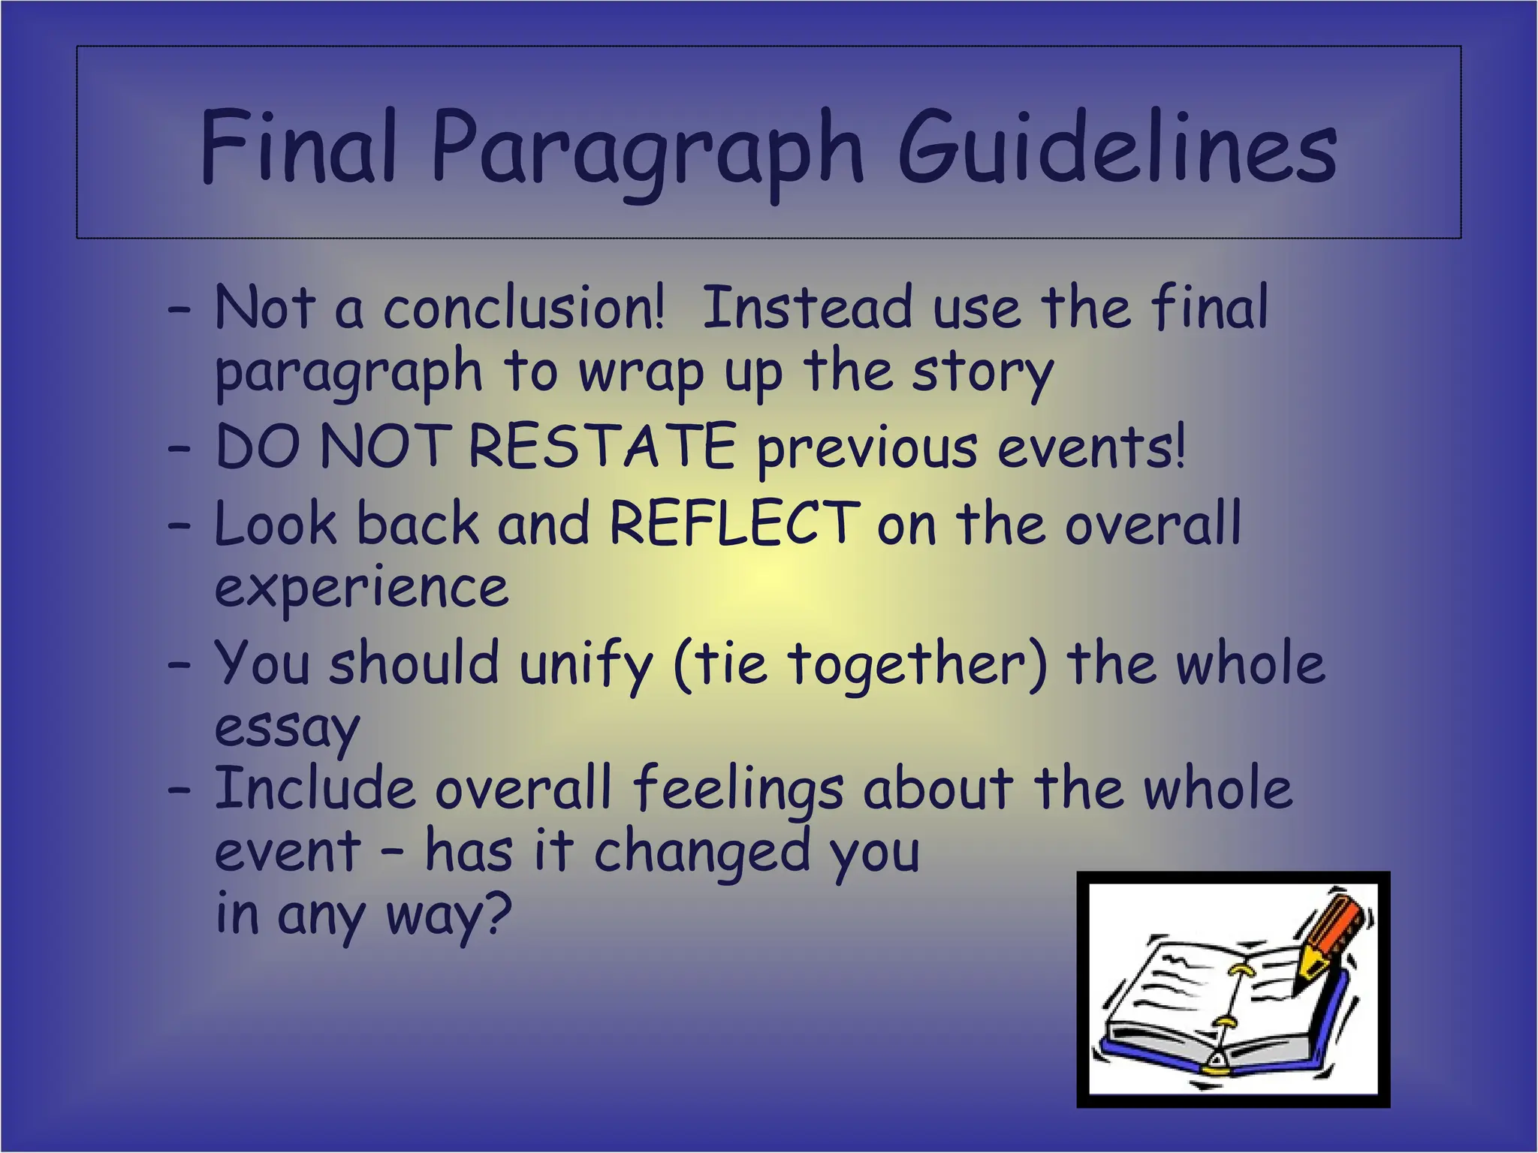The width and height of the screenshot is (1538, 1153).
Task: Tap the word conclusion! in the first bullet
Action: tap(523, 308)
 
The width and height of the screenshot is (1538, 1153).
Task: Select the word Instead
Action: tap(806, 308)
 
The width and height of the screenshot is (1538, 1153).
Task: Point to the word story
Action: tap(982, 374)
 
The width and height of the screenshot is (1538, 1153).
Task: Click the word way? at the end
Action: tap(448, 916)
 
